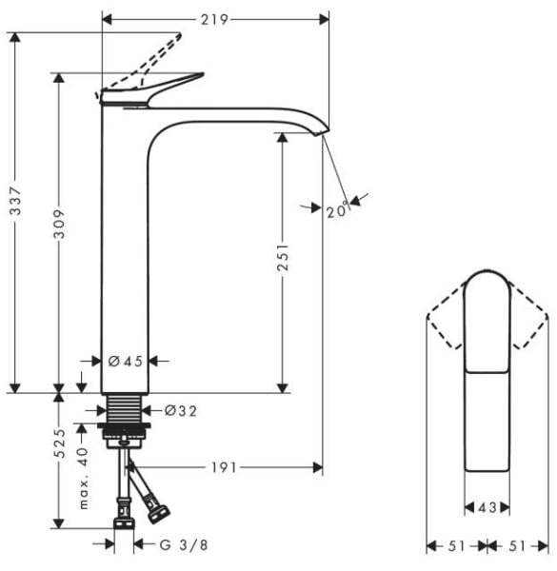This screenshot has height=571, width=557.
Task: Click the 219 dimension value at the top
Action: click(214, 18)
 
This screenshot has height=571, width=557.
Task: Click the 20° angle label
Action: click(336, 212)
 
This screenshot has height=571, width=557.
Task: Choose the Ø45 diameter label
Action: click(125, 361)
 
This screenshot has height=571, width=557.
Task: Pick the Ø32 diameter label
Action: click(180, 411)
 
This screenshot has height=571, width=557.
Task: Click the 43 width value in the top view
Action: click(487, 508)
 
